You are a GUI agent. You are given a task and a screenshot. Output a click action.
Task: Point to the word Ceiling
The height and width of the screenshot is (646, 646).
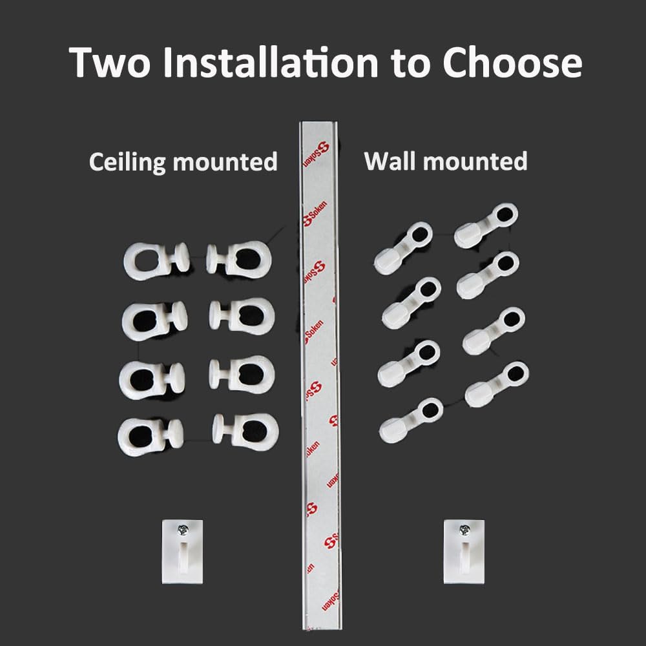(x=128, y=162)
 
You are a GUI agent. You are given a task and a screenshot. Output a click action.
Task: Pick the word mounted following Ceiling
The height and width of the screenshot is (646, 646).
(x=225, y=162)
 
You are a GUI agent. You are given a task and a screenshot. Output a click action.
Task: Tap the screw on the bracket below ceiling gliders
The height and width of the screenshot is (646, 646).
(x=182, y=530)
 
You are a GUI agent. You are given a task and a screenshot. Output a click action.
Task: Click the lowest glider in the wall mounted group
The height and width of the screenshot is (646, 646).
(x=411, y=421)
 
